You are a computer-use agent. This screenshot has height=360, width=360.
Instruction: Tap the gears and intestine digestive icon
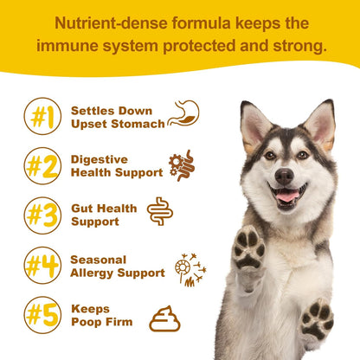click(182, 164)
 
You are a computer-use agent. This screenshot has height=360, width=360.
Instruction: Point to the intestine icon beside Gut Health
click(160, 212)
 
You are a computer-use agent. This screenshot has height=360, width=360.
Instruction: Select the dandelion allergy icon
click(190, 268)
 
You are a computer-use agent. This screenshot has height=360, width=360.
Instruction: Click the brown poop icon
click(164, 319)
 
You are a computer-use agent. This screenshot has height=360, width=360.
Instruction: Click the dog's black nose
click(284, 176)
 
